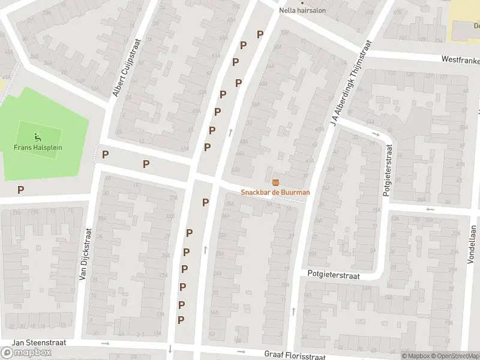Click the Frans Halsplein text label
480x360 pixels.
(38, 148)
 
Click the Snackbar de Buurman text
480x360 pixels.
(275, 192)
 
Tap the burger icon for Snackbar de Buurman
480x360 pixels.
(275, 182)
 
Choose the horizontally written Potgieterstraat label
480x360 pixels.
(334, 275)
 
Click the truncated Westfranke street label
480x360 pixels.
(460, 59)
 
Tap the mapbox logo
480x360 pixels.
(26, 353)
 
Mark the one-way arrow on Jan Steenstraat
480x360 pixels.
(106, 344)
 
